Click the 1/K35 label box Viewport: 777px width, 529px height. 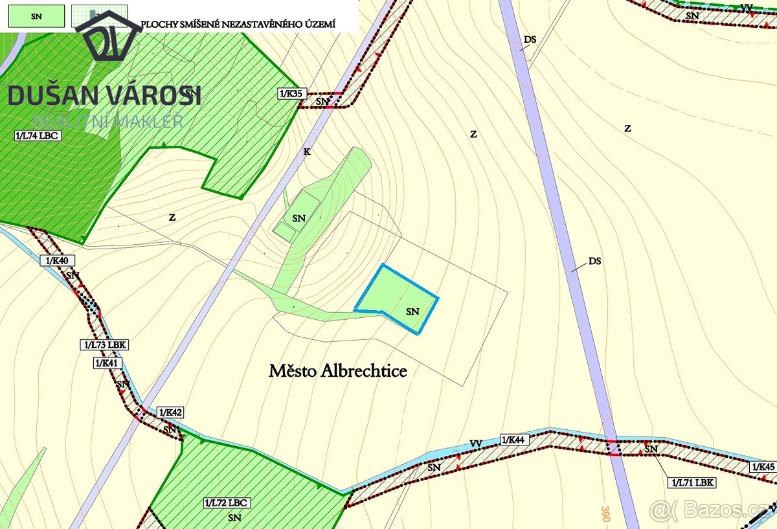pos(291,94)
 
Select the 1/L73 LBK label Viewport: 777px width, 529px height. pos(101,344)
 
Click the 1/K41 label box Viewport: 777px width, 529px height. pos(107,363)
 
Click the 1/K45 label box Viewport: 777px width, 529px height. pos(763,467)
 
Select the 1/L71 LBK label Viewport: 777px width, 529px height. pos(692,482)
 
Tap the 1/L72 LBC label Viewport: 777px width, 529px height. pos(227,503)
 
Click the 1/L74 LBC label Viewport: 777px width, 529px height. pos(36,136)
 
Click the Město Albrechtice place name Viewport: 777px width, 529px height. pos(338,371)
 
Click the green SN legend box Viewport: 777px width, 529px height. pos(36,16)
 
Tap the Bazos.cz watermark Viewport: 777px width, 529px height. pos(712,510)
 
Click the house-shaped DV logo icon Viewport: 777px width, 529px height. pos(107,39)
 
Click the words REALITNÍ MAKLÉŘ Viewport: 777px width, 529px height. pos(108,121)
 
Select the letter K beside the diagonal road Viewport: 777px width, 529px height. pos(307,152)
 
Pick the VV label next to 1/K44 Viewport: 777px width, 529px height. pos(476,444)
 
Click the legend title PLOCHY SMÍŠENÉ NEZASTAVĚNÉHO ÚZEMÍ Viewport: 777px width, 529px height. pos(238,24)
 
